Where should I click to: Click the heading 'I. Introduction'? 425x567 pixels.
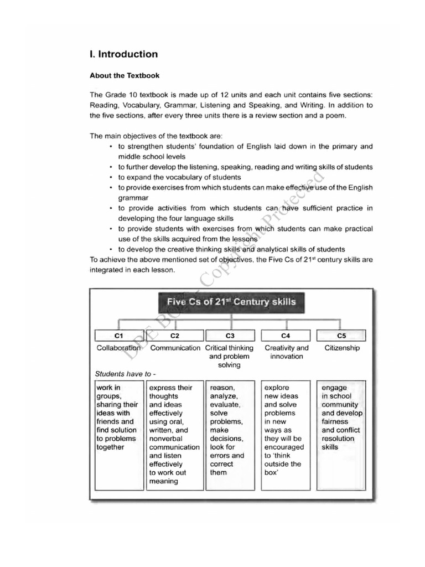123,54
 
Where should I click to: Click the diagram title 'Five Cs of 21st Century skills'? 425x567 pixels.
231,302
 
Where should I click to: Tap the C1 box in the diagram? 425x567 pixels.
118,335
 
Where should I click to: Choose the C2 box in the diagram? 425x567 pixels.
175,335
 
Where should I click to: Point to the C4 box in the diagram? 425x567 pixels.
286,335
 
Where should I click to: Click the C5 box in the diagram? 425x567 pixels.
341,335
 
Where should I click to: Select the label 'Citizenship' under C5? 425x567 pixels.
341,348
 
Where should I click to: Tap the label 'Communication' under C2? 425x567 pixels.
175,348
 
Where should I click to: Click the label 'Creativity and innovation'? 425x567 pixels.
286,352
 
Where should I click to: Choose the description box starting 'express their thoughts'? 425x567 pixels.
175,435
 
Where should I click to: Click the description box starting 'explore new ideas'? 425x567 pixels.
286,426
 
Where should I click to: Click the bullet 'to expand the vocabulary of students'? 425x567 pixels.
179,177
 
